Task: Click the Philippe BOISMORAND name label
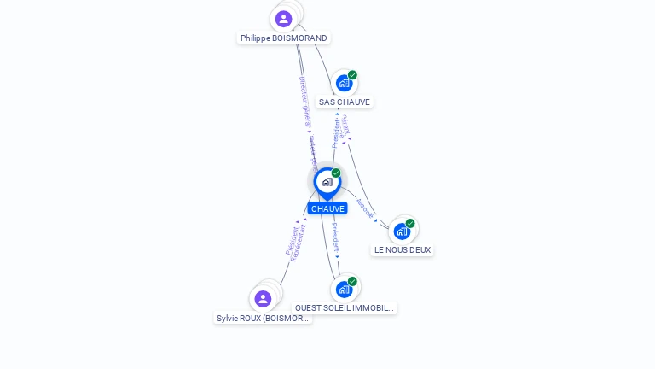click(283, 38)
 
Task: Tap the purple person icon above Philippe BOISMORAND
click(284, 19)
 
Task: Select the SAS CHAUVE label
click(345, 102)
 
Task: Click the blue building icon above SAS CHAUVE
click(344, 83)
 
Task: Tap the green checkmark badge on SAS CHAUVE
click(352, 75)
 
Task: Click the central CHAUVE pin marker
click(327, 182)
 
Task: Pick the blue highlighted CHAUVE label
click(327, 208)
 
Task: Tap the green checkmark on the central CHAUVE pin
click(336, 173)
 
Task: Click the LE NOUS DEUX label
click(403, 250)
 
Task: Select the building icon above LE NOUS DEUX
click(402, 231)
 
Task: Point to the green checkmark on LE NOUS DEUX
click(410, 224)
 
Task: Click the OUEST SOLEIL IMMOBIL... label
click(345, 308)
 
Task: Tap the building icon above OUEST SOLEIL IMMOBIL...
click(344, 289)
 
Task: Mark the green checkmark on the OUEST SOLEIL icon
click(352, 282)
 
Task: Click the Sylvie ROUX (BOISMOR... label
click(263, 319)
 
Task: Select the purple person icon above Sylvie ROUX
click(263, 298)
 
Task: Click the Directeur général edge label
click(305, 101)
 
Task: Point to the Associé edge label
click(364, 208)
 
